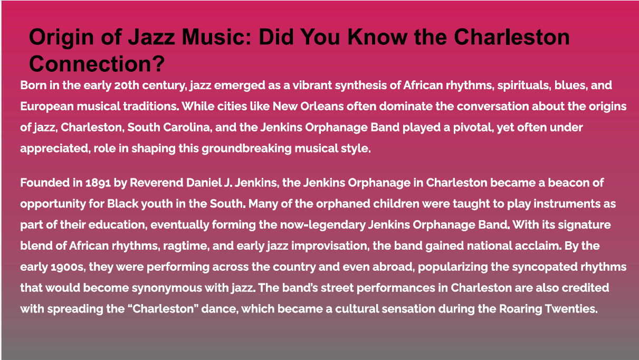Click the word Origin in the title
[x=61, y=38]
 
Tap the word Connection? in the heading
[x=97, y=64]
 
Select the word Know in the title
[x=377, y=37]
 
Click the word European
[x=47, y=107]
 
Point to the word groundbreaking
[x=246, y=149]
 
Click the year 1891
[x=98, y=183]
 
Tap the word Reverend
[x=156, y=183]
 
